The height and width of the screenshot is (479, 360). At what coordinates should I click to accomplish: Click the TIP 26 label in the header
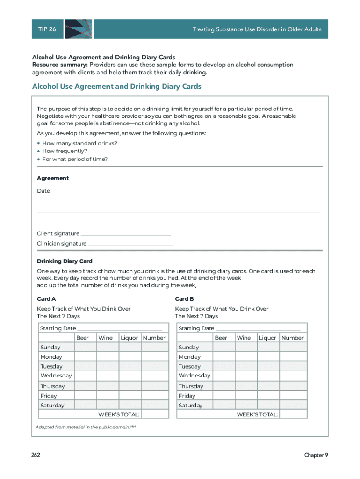[47, 29]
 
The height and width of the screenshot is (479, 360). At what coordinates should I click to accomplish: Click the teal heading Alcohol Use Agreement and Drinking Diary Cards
[116, 87]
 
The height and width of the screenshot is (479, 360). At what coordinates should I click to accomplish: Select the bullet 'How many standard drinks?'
[79, 143]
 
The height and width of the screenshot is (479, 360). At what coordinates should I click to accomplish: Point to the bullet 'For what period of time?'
[75, 159]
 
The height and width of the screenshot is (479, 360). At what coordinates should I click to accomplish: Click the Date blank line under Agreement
[69, 191]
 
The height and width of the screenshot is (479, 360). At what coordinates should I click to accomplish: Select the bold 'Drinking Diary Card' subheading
[65, 261]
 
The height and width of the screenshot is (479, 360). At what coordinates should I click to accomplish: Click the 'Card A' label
[46, 299]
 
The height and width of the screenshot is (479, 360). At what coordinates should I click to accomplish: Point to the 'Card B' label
[185, 299]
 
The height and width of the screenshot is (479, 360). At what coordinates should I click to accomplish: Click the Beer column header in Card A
[82, 338]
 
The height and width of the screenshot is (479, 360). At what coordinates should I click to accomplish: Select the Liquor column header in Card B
[267, 338]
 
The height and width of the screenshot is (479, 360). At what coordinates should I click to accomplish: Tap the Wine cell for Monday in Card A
[108, 357]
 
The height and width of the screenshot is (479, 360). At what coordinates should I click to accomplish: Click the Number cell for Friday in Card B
[293, 396]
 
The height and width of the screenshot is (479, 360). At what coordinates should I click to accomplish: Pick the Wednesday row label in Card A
[56, 376]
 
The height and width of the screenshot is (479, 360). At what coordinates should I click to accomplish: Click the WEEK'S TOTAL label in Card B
[257, 414]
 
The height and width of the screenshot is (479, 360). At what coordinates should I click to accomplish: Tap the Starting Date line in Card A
[119, 329]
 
